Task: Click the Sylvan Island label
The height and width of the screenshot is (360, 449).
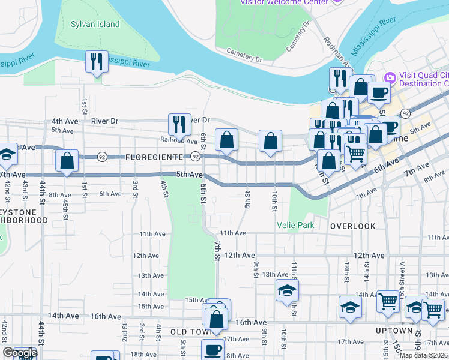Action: coord(95,25)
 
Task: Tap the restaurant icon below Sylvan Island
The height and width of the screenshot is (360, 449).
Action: coord(96,61)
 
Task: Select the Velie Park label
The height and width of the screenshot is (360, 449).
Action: coord(295,225)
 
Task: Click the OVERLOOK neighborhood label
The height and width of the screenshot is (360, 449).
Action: coord(352,226)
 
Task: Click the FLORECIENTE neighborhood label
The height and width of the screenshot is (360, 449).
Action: coord(154,157)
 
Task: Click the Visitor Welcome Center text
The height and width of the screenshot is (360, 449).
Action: coord(285,2)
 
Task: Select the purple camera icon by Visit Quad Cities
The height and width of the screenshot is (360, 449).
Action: coord(390,77)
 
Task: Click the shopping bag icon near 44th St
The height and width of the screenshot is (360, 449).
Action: coord(67,161)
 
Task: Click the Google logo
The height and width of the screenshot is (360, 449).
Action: coord(20,353)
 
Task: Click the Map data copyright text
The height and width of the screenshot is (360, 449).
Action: coord(424,355)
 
